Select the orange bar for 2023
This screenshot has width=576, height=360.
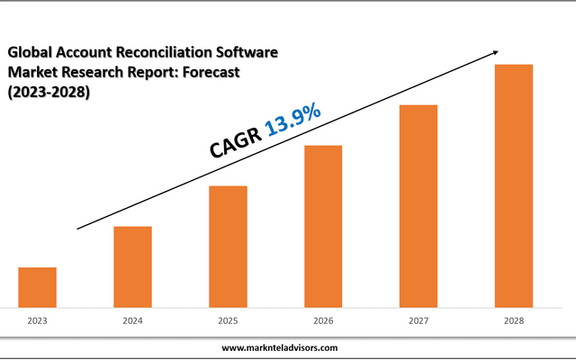[37, 287]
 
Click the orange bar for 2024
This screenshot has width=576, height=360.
[132, 266]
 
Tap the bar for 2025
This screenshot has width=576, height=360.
[228, 246]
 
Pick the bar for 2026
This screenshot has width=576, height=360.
[323, 226]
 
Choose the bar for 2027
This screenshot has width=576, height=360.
[418, 205]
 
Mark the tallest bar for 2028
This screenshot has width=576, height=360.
[514, 185]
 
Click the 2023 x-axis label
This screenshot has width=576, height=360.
[37, 320]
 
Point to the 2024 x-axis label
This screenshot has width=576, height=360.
[132, 320]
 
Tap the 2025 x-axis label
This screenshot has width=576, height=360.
[228, 320]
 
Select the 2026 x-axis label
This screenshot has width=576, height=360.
[323, 320]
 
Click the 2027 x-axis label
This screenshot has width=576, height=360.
[418, 320]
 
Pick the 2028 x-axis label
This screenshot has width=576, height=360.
[514, 320]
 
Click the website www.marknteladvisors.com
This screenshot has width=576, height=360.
[280, 347]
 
